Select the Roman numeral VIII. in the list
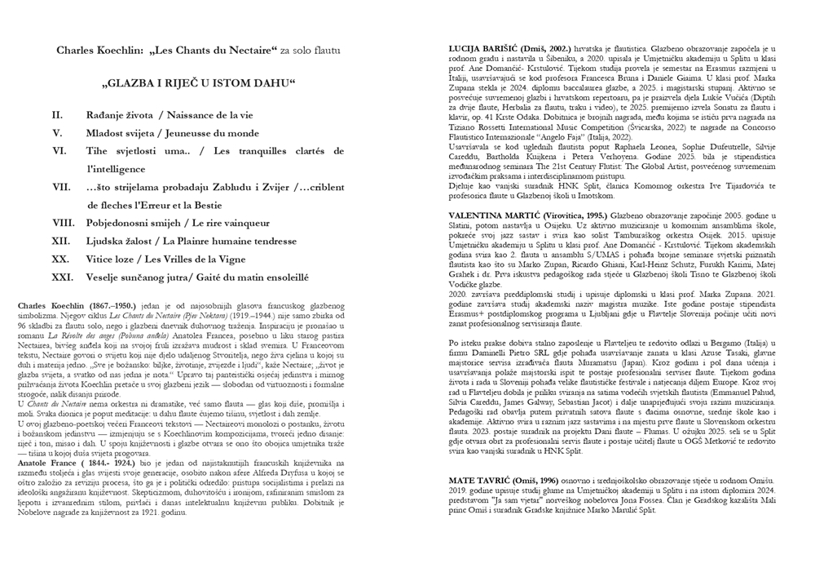(x=64, y=222)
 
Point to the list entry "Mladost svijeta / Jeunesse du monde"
(x=169, y=132)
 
